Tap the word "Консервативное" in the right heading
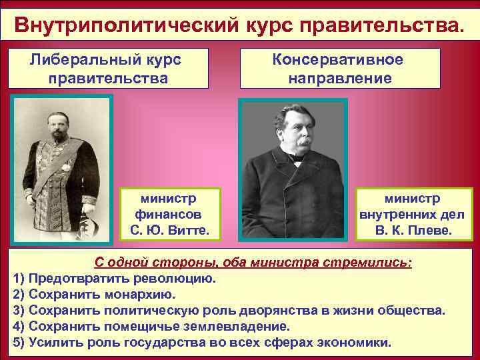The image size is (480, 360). [x=338, y=59]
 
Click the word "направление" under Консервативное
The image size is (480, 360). [x=339, y=78]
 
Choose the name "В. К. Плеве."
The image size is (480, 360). [x=413, y=231]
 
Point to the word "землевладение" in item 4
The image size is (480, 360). [x=237, y=327]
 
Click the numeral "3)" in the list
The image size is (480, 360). [x=19, y=311]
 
